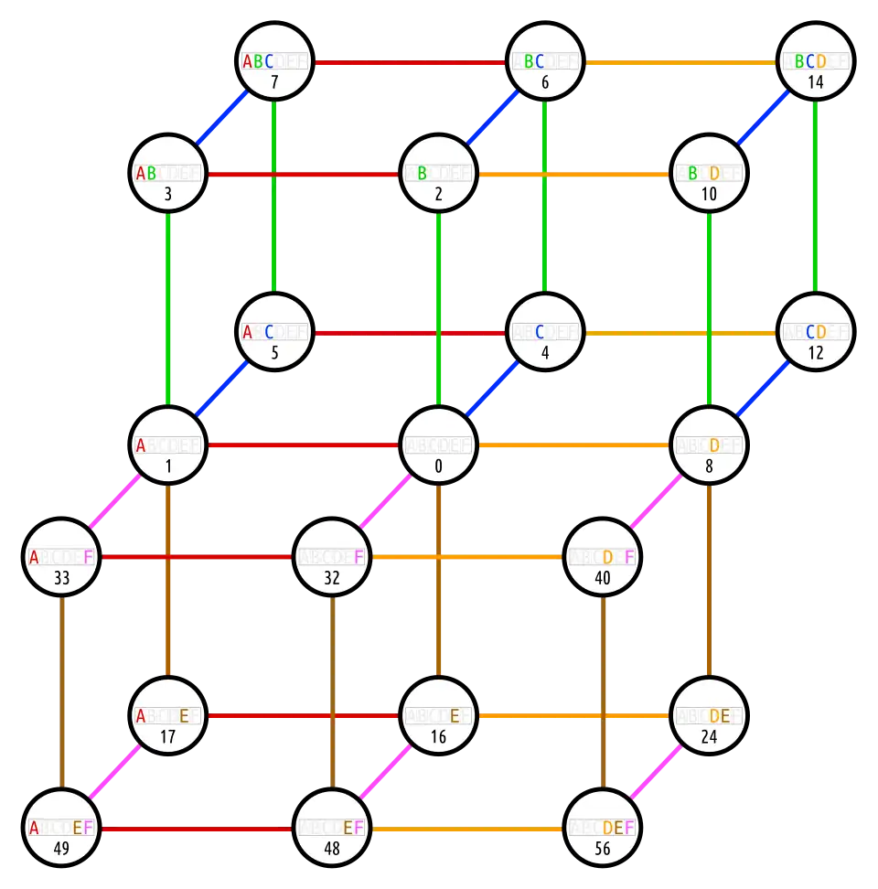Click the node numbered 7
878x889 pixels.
point(274,62)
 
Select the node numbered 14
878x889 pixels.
point(816,62)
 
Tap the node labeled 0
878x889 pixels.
point(439,445)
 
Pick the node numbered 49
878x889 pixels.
point(61,830)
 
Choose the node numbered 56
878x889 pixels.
point(602,830)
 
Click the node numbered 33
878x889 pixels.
point(61,557)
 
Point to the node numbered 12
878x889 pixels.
point(816,333)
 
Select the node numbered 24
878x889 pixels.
point(709,716)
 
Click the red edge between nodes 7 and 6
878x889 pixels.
point(410,62)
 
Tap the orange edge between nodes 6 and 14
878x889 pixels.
point(680,62)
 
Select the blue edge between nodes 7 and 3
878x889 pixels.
point(221,117)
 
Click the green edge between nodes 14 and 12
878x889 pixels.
point(816,198)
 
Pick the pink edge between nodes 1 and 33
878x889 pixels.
point(114,501)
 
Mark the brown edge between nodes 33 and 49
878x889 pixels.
point(61,693)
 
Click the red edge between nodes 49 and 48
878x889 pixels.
point(197,830)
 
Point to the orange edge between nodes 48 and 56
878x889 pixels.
point(466,830)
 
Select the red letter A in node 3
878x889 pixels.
point(141,174)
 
